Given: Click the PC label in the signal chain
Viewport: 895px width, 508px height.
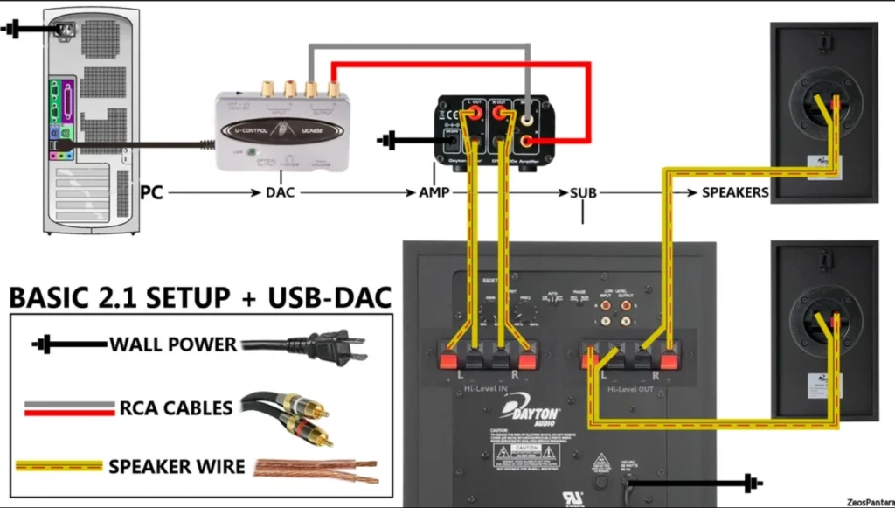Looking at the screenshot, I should [152, 191].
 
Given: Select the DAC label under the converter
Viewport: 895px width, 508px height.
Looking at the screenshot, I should [280, 192].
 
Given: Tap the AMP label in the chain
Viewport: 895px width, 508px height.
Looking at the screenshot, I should [434, 192].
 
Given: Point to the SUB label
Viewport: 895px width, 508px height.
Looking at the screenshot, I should [583, 192].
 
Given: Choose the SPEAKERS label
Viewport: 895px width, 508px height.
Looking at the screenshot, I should [735, 192].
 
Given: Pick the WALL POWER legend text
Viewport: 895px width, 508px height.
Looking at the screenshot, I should [173, 344].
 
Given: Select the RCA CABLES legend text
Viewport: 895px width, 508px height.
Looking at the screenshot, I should [177, 407].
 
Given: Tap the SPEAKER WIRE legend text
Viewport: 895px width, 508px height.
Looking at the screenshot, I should [177, 466].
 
